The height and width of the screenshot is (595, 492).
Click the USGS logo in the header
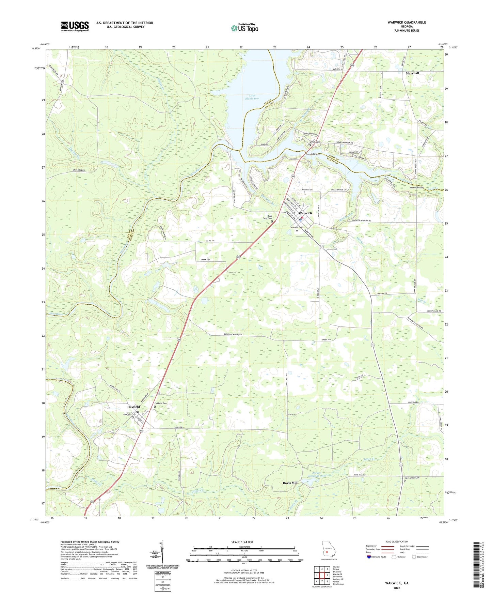pyautogui.click(x=75, y=26)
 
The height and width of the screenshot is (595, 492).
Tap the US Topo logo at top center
pyautogui.click(x=244, y=28)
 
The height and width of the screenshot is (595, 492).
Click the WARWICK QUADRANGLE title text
pyautogui.click(x=407, y=22)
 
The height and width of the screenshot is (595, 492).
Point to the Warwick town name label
pyautogui.click(x=305, y=213)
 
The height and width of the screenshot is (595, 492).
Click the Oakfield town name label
pyautogui.click(x=134, y=407)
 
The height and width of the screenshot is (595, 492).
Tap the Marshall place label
pyautogui.click(x=412, y=73)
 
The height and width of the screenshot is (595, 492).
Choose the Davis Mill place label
pyautogui.click(x=290, y=483)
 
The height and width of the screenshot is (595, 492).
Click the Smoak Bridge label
pyautogui.click(x=312, y=154)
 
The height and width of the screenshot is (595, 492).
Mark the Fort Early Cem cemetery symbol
pyautogui.click(x=272, y=222)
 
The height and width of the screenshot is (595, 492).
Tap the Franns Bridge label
pyautogui.click(x=416, y=187)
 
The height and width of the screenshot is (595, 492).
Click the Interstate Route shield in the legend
pyautogui.click(x=369, y=557)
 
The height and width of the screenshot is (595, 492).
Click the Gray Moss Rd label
pyautogui.click(x=78, y=170)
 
